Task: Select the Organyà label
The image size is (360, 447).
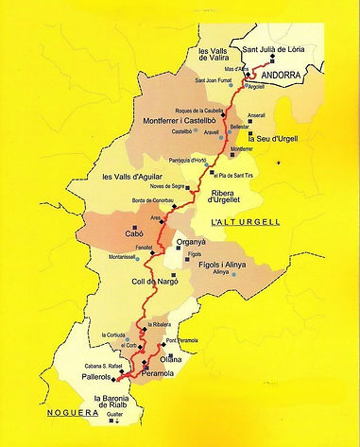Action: (197, 243)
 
